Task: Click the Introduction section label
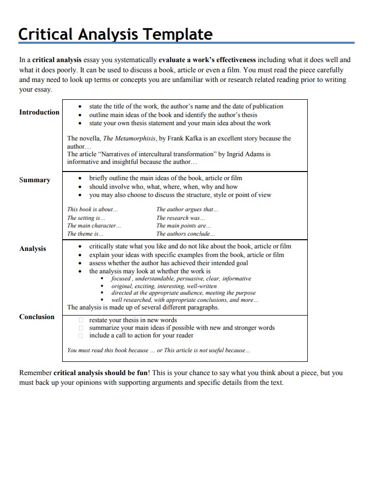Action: point(39,112)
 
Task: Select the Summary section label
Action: point(35,180)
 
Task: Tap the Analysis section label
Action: point(33,249)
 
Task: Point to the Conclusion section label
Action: point(37,317)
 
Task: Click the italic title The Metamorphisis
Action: point(129,138)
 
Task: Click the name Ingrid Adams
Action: point(248,154)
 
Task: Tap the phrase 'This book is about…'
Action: point(93,209)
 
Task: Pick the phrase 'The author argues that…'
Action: point(187,209)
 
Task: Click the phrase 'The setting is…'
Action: point(86,218)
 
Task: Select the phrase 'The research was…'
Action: point(180,218)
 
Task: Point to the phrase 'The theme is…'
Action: point(85,234)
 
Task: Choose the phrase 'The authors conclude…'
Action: point(185,234)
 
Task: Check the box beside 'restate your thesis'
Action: point(81,320)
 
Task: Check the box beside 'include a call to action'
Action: point(81,336)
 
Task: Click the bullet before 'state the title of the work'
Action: point(81,107)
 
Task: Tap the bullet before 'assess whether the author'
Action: point(81,264)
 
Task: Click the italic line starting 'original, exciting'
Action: point(157,286)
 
